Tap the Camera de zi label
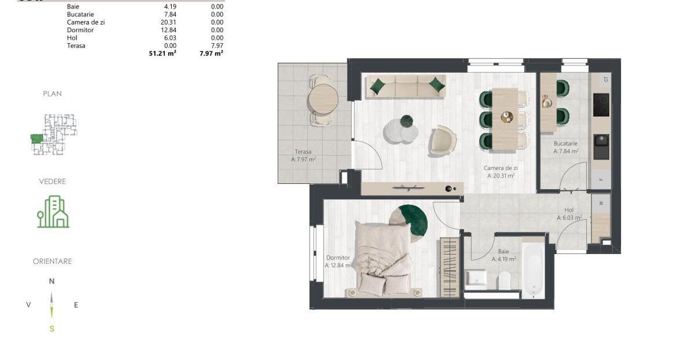[500, 168]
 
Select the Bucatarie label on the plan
[565, 144]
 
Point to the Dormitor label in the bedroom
[338, 258]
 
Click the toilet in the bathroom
[505, 281]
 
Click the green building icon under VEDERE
[53, 212]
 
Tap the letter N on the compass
[52, 281]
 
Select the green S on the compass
[52, 329]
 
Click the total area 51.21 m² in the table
[162, 53]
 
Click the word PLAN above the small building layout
[52, 94]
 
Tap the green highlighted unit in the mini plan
[37, 138]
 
